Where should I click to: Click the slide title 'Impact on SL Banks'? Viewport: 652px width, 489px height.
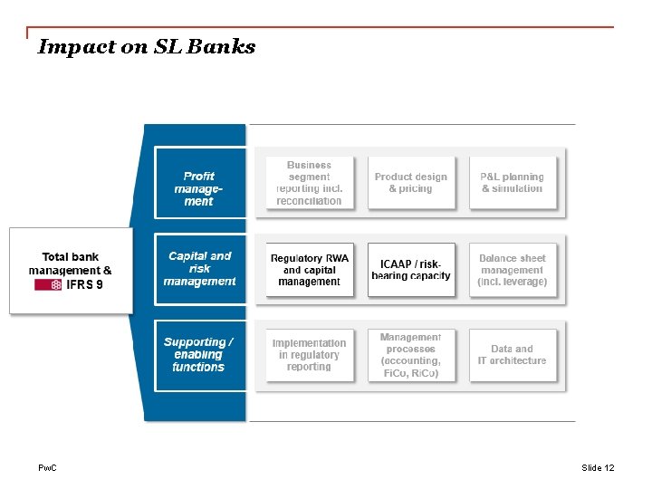[x=146, y=47]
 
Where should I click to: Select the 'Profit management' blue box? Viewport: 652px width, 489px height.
[x=199, y=188]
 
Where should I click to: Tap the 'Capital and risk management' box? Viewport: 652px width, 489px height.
[x=199, y=269]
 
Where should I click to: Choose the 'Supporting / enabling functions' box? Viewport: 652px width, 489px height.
[x=199, y=355]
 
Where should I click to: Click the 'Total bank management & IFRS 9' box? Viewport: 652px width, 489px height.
[x=71, y=270]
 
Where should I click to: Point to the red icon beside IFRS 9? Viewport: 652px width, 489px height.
[x=48, y=284]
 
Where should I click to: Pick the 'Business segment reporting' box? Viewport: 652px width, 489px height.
[x=309, y=183]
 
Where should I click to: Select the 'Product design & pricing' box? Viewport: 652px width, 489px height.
[x=411, y=183]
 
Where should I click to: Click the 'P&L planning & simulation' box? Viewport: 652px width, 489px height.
[x=513, y=183]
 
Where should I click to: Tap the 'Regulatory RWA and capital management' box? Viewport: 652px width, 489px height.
[x=309, y=270]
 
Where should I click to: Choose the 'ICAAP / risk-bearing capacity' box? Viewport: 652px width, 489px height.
[x=411, y=270]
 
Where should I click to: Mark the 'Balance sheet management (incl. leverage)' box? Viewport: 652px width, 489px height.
[x=513, y=270]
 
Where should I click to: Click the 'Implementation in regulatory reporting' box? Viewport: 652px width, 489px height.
[x=309, y=355]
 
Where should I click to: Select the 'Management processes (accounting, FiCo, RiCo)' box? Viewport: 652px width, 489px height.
[x=411, y=355]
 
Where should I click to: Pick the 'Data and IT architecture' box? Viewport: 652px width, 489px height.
[x=513, y=355]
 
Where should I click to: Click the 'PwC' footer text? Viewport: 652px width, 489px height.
[x=46, y=468]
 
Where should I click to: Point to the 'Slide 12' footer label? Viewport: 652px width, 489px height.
[x=598, y=468]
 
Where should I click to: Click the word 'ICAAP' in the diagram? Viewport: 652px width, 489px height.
[x=398, y=264]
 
